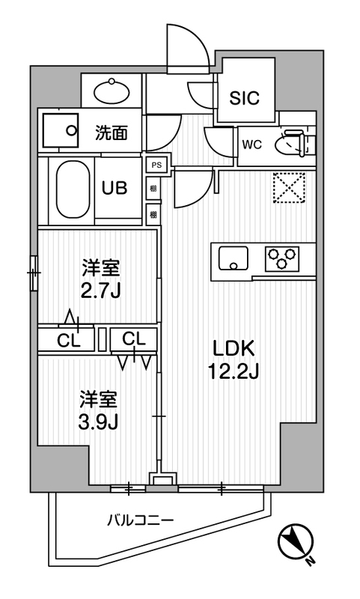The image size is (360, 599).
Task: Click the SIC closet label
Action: pyautogui.click(x=244, y=98)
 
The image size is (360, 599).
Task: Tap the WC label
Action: pyautogui.click(x=252, y=145)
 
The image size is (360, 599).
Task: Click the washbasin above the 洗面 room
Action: pyautogui.click(x=112, y=91)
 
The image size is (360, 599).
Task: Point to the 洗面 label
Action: pyautogui.click(x=111, y=133)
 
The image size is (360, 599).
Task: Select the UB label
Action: pyautogui.click(x=115, y=188)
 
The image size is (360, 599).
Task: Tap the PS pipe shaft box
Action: pyautogui.click(x=156, y=165)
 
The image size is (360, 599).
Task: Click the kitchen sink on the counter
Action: pyautogui.click(x=233, y=258)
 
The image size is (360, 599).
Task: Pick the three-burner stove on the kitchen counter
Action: pyautogui.click(x=281, y=258)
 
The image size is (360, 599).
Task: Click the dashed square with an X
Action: pyautogui.click(x=290, y=186)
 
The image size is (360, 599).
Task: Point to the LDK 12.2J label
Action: pyautogui.click(x=234, y=359)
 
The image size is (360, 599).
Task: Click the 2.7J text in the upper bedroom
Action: pyautogui.click(x=101, y=291)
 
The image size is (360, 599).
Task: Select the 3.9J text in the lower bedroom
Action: pyautogui.click(x=99, y=422)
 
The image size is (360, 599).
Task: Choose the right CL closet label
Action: pyautogui.click(x=134, y=338)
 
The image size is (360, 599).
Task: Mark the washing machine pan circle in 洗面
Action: pyautogui.click(x=71, y=130)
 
